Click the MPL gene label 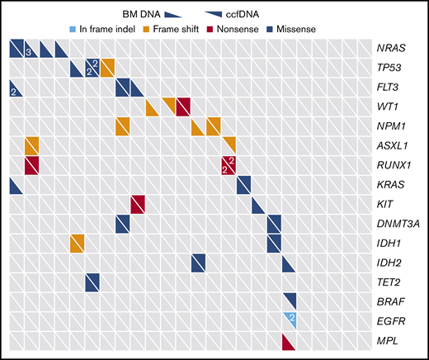tap(391, 339)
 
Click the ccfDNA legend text tap(266, 12)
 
